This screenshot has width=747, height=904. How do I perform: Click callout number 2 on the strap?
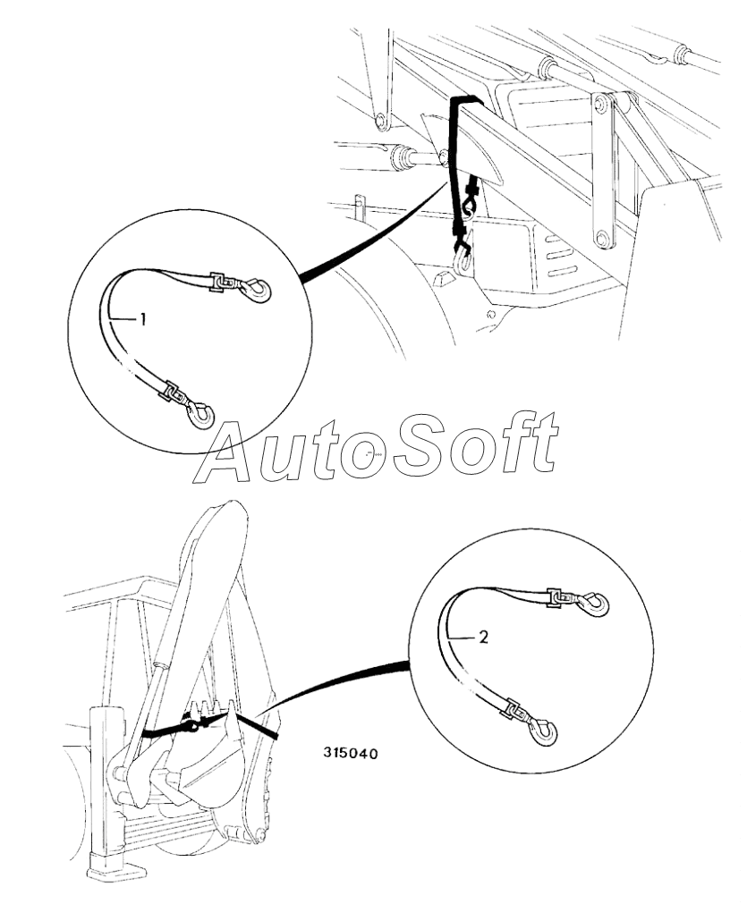(483, 638)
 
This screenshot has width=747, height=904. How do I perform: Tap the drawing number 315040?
(350, 754)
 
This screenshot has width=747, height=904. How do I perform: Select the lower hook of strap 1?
(202, 412)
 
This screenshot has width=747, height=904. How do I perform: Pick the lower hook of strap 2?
(543, 732)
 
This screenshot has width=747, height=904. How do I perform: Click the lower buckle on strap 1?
(175, 393)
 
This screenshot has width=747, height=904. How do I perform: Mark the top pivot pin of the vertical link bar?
(601, 105)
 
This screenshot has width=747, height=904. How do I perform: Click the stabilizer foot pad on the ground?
(117, 868)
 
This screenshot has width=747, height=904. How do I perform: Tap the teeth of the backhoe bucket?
(213, 711)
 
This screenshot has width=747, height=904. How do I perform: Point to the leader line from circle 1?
(376, 234)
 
